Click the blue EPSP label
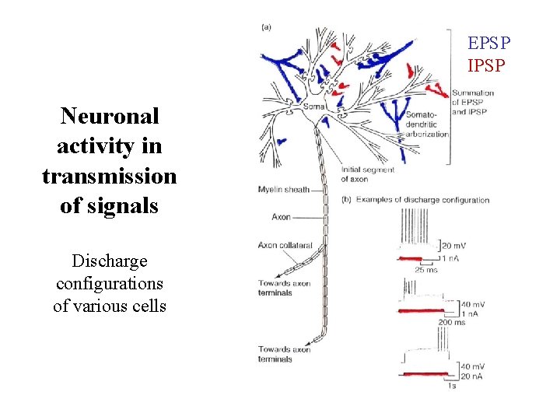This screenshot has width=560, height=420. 485,43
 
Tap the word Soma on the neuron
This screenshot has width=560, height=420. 313,107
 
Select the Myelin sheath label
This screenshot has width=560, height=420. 283,189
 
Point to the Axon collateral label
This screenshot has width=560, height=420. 285,246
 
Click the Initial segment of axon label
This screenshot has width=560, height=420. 367,174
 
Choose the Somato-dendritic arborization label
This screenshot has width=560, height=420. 426,124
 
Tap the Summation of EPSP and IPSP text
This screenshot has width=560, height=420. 472,102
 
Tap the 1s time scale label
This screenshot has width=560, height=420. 451,385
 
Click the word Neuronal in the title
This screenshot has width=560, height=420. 110,117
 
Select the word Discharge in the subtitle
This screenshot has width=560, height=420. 110,261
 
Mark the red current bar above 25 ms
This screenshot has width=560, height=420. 409,257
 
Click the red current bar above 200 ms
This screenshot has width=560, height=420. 426,311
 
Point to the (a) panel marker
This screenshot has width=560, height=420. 267,28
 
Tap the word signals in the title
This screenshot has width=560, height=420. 110,207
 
